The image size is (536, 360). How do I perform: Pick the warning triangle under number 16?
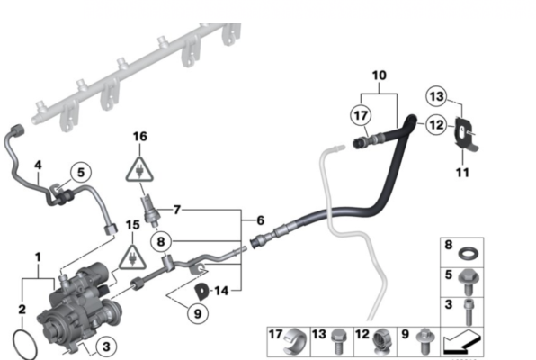(139, 167)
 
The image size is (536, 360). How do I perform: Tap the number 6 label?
(260, 220)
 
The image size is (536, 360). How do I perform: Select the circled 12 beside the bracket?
(436, 127)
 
